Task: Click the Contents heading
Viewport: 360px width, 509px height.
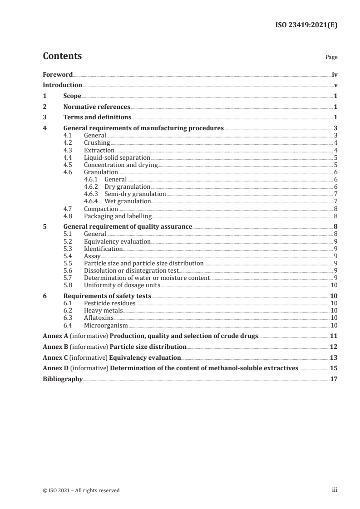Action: pyautogui.click(x=62, y=56)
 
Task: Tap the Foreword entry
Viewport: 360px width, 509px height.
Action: pyautogui.click(x=58, y=74)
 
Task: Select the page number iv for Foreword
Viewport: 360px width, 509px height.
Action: pyautogui.click(x=334, y=74)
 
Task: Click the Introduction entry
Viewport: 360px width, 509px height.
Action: pyautogui.click(x=62, y=85)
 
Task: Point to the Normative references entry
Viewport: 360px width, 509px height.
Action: pyautogui.click(x=97, y=107)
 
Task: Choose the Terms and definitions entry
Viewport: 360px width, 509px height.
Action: pyautogui.click(x=97, y=117)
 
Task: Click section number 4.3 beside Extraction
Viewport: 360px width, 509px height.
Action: pyautogui.click(x=69, y=150)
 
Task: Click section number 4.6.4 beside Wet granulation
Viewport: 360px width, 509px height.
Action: pyautogui.click(x=92, y=201)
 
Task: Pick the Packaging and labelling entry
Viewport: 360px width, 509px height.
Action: pyautogui.click(x=118, y=216)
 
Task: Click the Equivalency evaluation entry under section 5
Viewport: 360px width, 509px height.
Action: pyautogui.click(x=117, y=241)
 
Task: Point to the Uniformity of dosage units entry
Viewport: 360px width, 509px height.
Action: pyautogui.click(x=122, y=285)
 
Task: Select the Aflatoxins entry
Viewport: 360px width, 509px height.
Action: pyautogui.click(x=99, y=318)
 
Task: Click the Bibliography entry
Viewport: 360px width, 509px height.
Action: pyautogui.click(x=62, y=379)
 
